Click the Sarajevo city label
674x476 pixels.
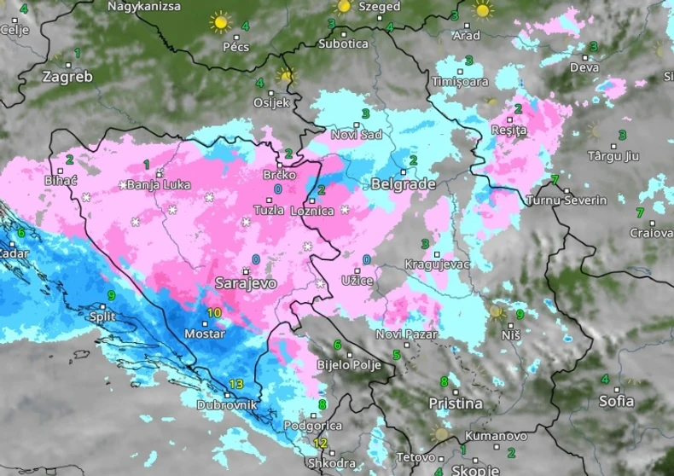click(x=245, y=283)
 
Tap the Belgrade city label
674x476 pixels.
click(x=404, y=184)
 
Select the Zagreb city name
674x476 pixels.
click(x=67, y=77)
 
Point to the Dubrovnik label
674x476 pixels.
click(x=227, y=406)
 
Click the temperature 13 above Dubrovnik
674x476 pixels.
click(x=236, y=384)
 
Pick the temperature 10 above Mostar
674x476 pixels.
click(x=213, y=313)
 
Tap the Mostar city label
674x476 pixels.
click(x=205, y=334)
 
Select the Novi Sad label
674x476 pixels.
click(x=357, y=134)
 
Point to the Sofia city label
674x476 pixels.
click(x=616, y=400)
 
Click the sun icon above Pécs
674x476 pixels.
click(x=221, y=21)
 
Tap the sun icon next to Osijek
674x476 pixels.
click(x=286, y=76)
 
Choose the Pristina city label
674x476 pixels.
click(x=455, y=403)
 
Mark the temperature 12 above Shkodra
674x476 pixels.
click(x=320, y=443)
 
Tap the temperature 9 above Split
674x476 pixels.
click(x=111, y=296)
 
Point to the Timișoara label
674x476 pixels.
click(x=461, y=82)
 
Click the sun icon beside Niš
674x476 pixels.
click(x=497, y=312)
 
